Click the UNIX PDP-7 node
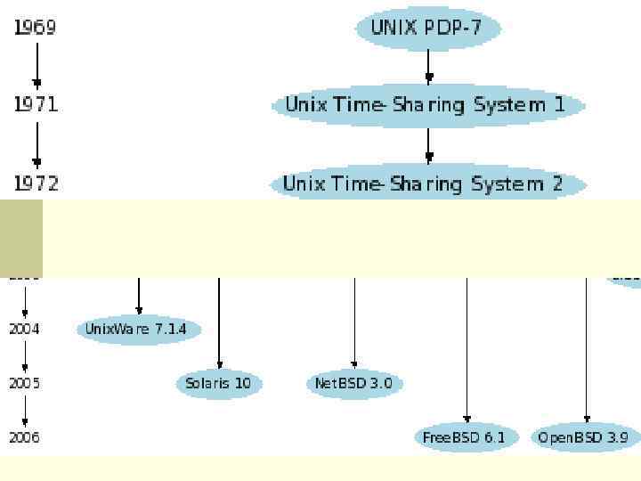click(x=428, y=28)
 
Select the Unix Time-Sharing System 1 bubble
click(x=427, y=105)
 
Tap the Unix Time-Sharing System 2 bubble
click(x=427, y=184)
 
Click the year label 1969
click(x=36, y=28)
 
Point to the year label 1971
click(x=36, y=105)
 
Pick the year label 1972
click(x=36, y=184)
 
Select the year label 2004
click(x=25, y=329)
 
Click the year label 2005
click(x=25, y=383)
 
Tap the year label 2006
click(x=25, y=437)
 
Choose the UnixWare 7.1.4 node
click(x=137, y=330)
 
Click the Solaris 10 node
click(x=219, y=384)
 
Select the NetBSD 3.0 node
click(x=355, y=384)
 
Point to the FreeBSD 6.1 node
click(x=464, y=437)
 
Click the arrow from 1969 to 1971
click(x=37, y=65)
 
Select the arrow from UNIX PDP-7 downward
click(x=428, y=65)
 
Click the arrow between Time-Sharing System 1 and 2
click(x=428, y=144)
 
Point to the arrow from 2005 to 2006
click(x=25, y=410)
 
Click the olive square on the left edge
click(x=20, y=238)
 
